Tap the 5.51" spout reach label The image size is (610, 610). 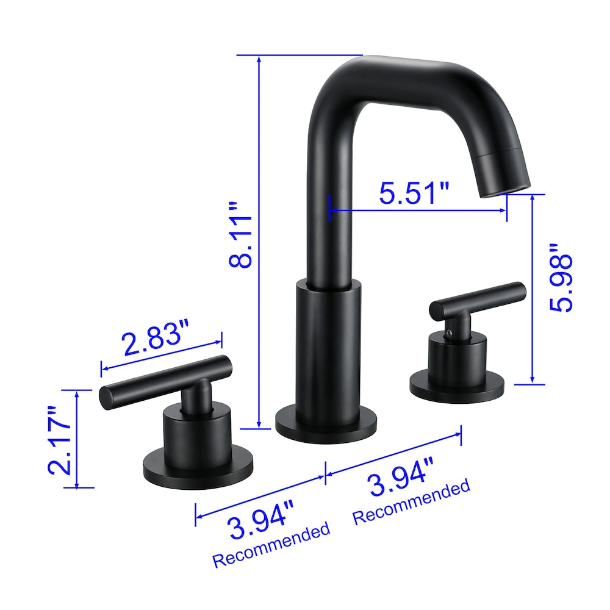(414, 193)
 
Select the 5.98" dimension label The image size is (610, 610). (561, 278)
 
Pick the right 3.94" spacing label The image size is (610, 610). (401, 484)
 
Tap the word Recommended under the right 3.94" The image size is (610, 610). (412, 503)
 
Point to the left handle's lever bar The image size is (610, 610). (165, 381)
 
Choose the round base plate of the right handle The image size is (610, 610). (457, 387)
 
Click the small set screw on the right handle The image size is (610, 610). (450, 332)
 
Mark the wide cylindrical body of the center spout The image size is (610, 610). (328, 348)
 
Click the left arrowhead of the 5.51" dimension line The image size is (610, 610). (331, 210)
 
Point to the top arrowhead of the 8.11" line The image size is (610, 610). (260, 59)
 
